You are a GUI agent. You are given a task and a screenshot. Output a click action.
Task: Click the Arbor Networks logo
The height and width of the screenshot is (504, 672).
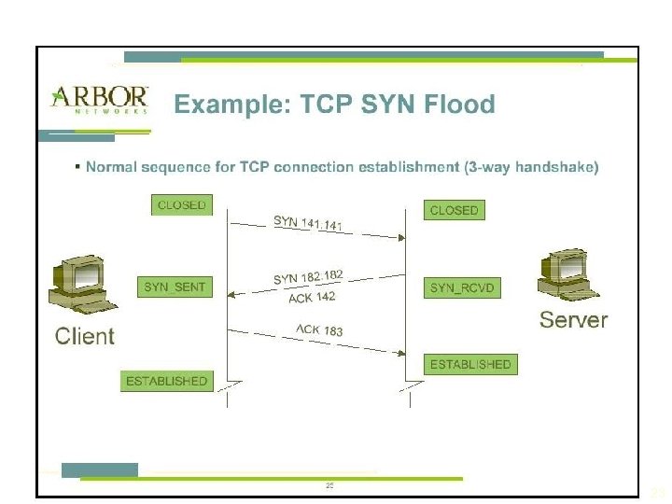pos(98,99)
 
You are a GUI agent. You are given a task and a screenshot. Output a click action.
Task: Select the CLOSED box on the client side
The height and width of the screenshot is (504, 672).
pos(182,204)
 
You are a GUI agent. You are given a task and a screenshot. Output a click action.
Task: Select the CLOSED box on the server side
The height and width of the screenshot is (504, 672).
pos(454,210)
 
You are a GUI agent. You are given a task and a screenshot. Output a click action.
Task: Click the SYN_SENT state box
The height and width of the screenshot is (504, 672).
pos(175,287)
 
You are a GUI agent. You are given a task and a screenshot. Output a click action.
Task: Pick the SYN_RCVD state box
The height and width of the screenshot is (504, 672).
pos(460,287)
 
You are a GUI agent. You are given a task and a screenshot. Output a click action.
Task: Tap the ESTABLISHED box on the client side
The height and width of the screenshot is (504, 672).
pos(166,381)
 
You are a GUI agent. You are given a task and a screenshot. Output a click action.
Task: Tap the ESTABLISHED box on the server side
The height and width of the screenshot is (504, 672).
pos(470,364)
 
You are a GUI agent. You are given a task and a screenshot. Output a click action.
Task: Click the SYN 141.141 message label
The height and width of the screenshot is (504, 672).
pos(314,224)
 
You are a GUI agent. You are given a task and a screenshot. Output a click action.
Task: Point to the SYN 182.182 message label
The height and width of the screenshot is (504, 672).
pos(309,276)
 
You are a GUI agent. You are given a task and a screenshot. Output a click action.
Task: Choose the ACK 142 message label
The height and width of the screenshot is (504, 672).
pos(312,298)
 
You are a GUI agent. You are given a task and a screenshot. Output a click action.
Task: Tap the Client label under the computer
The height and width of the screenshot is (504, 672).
pos(85,336)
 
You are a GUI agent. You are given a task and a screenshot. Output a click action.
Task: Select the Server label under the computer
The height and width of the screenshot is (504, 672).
pos(573,320)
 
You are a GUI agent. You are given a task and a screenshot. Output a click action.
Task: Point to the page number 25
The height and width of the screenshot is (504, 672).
pos(329,486)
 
